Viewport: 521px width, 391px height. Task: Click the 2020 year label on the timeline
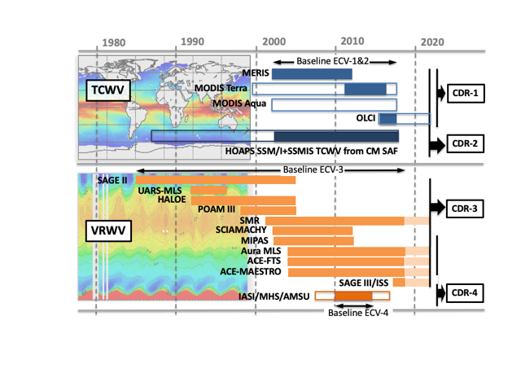pos(431,42)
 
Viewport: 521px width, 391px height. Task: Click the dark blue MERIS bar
pos(312,74)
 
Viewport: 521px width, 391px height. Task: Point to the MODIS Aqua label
pos(240,103)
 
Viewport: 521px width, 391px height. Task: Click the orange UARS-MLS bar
pos(208,190)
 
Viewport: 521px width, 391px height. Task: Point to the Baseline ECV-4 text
pos(359,312)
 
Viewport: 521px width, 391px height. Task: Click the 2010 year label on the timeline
pos(352,42)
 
